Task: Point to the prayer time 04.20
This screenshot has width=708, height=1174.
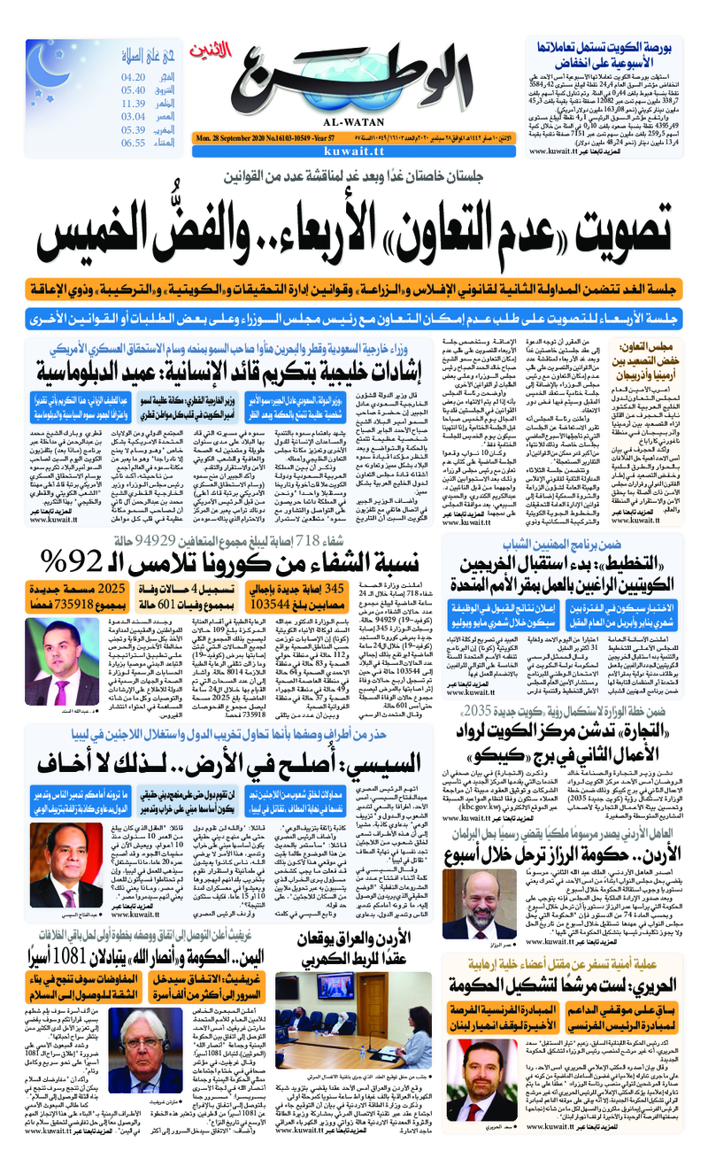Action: [133, 78]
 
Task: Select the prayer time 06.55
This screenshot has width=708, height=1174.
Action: [133, 143]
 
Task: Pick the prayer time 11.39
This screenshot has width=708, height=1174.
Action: [133, 104]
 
